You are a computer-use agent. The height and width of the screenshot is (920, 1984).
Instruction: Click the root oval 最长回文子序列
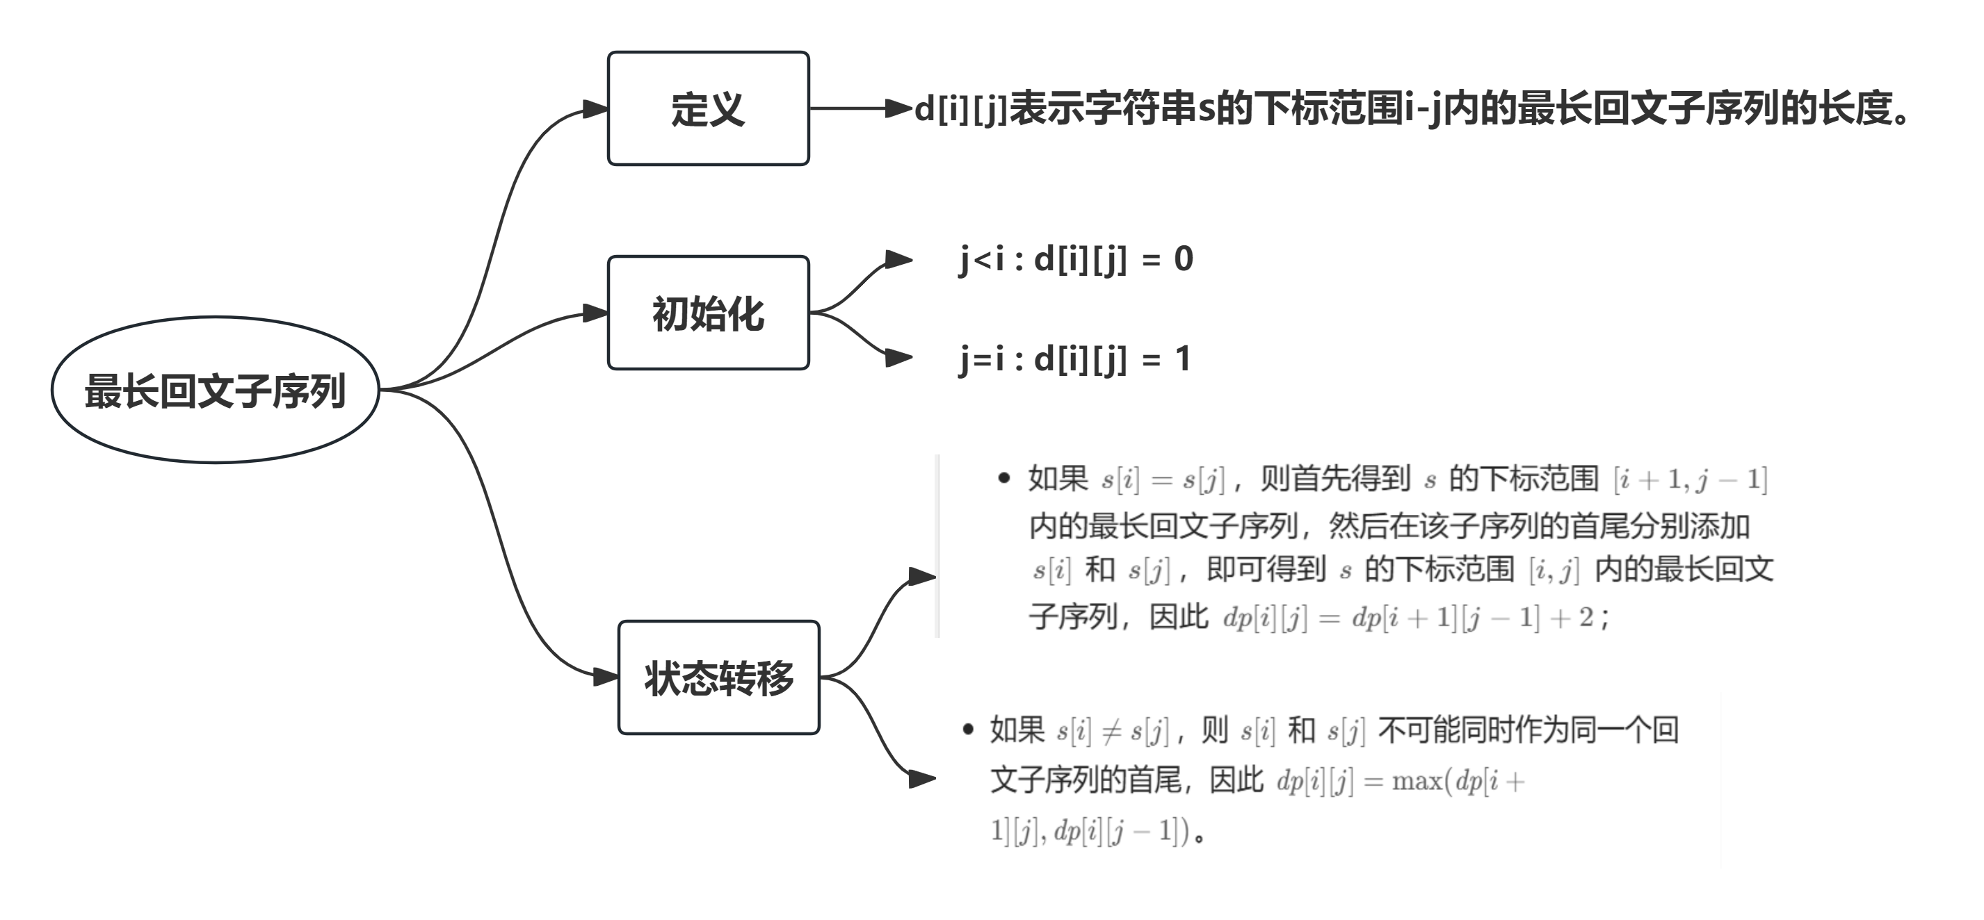[x=215, y=391]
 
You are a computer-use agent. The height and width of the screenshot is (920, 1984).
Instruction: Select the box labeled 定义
[x=708, y=108]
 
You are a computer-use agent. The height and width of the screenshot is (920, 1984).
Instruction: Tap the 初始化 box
[x=708, y=313]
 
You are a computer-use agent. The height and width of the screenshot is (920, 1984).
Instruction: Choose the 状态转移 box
[x=718, y=678]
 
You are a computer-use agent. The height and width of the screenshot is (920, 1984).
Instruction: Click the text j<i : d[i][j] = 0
[x=1075, y=259]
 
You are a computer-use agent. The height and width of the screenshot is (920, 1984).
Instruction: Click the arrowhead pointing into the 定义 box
[x=595, y=109]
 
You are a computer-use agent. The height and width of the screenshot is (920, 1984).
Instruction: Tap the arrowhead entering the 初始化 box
[x=595, y=313]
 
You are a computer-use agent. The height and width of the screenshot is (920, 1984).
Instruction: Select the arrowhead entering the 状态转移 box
[x=606, y=677]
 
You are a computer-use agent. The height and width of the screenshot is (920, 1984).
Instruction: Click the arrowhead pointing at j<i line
[x=898, y=259]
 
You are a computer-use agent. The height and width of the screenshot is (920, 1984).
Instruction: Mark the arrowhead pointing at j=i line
[x=898, y=357]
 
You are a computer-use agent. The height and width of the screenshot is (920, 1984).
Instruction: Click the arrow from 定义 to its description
[x=855, y=108]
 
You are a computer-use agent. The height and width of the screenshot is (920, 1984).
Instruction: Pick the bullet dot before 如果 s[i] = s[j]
[x=1003, y=479]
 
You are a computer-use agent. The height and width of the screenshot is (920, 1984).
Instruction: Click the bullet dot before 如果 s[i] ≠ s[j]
[x=968, y=729]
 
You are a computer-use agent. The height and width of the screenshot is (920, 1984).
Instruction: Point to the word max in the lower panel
[x=1417, y=782]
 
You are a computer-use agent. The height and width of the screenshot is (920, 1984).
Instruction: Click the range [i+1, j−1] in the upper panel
[x=1690, y=479]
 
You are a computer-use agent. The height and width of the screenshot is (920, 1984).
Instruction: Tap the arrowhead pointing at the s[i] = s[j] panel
[x=921, y=577]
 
